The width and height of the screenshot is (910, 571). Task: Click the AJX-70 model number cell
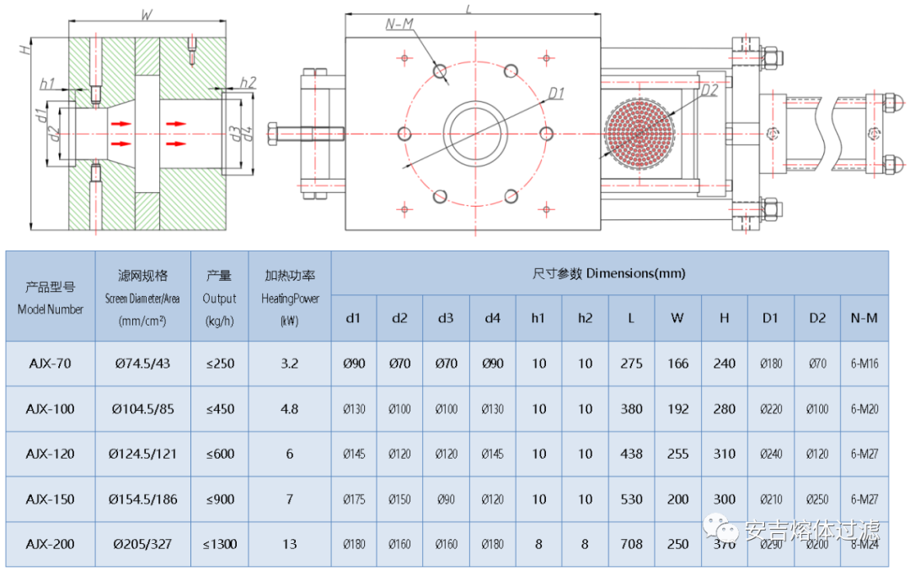[x=51, y=364]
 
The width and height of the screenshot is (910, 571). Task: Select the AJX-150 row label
[x=51, y=498]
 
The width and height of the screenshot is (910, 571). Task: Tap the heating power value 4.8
[x=289, y=409]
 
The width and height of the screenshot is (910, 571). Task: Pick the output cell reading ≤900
[x=219, y=498]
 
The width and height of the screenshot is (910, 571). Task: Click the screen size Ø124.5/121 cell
[x=143, y=454]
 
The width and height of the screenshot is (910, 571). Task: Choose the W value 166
[x=677, y=364]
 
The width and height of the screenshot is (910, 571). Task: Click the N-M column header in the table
[x=864, y=318]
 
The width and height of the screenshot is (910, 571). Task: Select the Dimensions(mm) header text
[x=609, y=273]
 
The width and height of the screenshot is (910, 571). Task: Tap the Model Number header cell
[x=51, y=297]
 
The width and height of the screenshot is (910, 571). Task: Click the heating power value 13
[x=289, y=544]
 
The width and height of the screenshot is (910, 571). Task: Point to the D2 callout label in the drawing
[x=709, y=90]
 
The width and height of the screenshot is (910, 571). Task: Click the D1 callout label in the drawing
[x=556, y=93]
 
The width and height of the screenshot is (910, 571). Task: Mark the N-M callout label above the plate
[x=399, y=24]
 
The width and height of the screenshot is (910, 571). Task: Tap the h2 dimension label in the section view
[x=248, y=82]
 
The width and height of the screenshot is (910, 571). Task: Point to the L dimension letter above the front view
[x=469, y=8]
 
